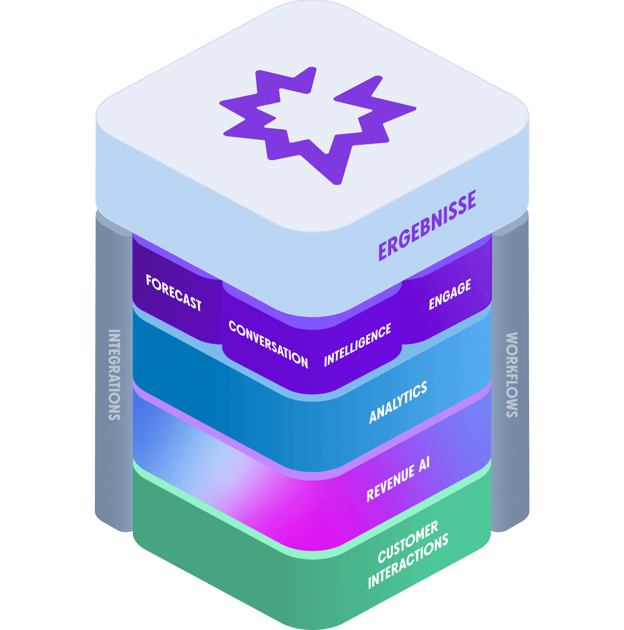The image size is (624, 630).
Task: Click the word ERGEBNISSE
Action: [427, 225]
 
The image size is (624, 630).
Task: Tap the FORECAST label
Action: [174, 293]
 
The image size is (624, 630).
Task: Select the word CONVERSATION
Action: [268, 343]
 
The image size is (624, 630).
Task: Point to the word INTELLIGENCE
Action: [357, 344]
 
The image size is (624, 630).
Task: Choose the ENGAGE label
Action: [450, 295]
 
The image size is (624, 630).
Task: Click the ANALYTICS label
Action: [398, 402]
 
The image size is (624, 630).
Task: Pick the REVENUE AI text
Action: [398, 478]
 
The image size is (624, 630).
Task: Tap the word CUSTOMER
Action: [408, 541]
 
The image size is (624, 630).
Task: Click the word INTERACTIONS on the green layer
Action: [408, 562]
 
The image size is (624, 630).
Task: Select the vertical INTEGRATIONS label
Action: [114, 374]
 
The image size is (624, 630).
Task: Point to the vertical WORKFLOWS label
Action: [512, 374]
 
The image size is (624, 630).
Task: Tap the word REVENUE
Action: [390, 482]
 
